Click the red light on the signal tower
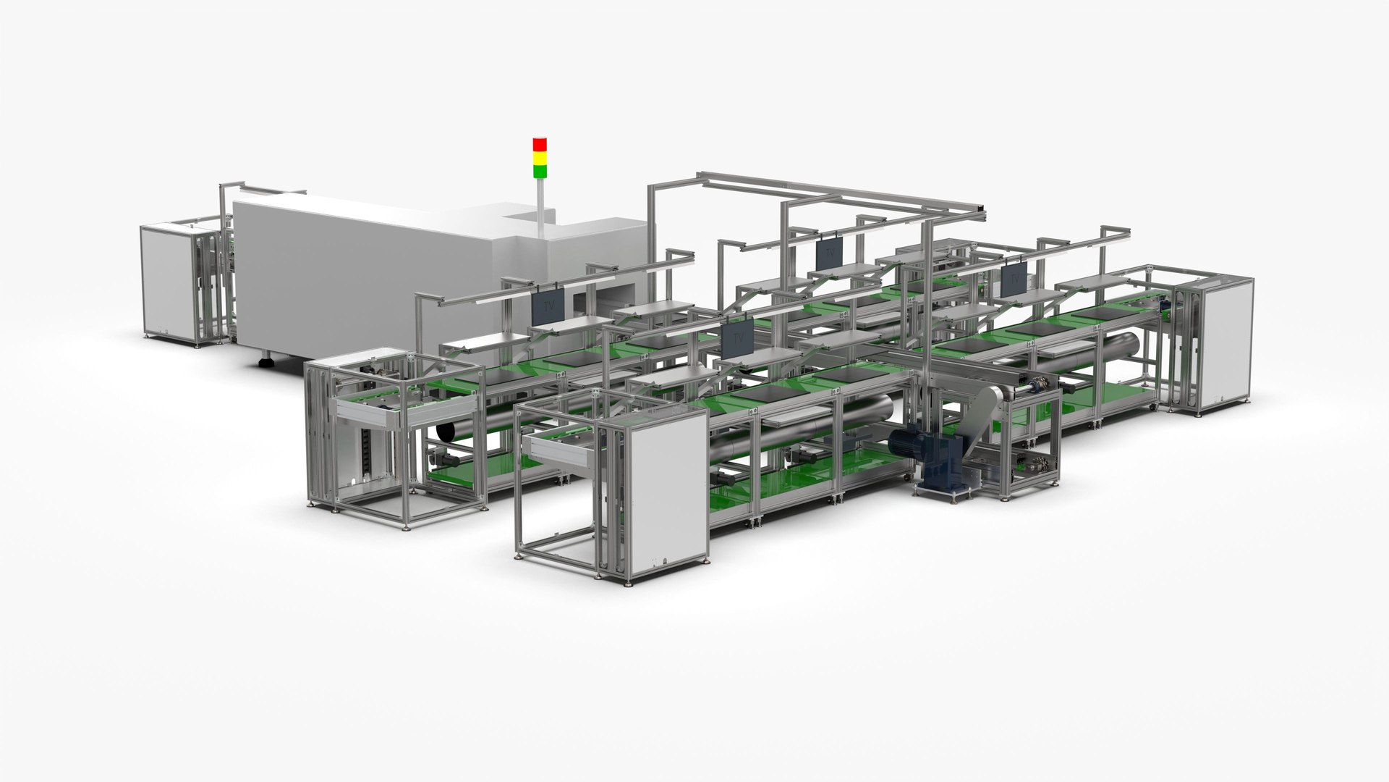tap(540, 143)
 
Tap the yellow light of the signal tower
tap(540, 158)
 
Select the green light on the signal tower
tap(540, 172)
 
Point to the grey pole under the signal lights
tap(540, 206)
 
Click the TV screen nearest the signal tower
tap(547, 307)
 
